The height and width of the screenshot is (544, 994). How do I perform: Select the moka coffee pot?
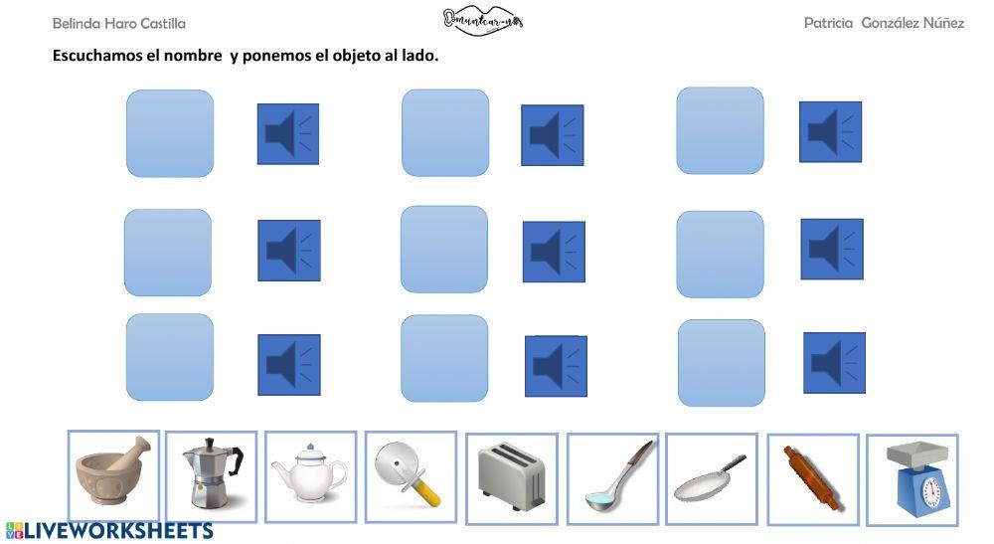[x=210, y=477]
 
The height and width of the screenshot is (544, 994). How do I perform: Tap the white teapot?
[x=309, y=474]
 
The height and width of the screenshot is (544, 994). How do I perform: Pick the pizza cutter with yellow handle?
[x=409, y=473]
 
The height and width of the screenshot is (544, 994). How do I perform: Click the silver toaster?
[x=511, y=478]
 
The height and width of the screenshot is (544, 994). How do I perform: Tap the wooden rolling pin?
[x=810, y=479]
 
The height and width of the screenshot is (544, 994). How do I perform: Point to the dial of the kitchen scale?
[x=930, y=492]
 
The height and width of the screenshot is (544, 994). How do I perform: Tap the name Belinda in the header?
[x=76, y=23]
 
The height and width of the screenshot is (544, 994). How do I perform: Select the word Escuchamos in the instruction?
[x=96, y=56]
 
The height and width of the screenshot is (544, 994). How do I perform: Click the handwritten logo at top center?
[x=482, y=20]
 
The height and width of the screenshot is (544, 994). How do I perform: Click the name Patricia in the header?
[x=829, y=23]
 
